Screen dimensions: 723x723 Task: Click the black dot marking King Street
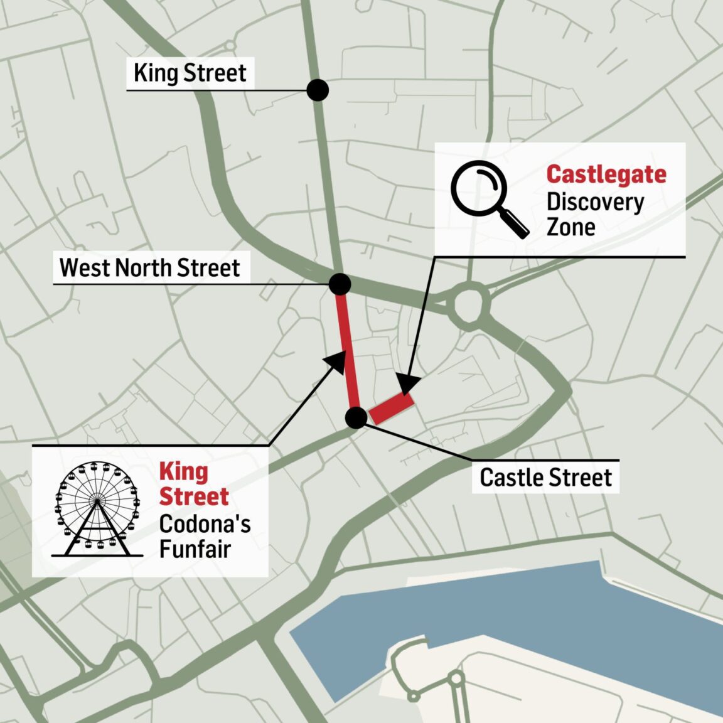click(318, 90)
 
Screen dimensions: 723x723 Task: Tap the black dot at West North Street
click(340, 284)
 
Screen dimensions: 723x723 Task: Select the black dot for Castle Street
click(356, 417)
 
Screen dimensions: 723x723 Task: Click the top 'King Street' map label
click(190, 73)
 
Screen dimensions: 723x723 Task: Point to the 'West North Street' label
click(150, 267)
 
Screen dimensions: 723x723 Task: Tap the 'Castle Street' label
click(545, 478)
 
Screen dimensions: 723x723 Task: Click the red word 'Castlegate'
click(606, 174)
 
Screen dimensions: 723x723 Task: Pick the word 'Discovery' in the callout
click(595, 202)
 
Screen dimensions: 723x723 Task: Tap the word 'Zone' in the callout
click(570, 227)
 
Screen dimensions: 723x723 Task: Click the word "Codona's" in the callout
click(205, 523)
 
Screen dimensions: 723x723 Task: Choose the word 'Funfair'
click(195, 549)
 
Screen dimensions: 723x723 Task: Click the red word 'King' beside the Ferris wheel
click(183, 471)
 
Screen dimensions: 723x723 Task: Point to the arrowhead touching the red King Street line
click(336, 360)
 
